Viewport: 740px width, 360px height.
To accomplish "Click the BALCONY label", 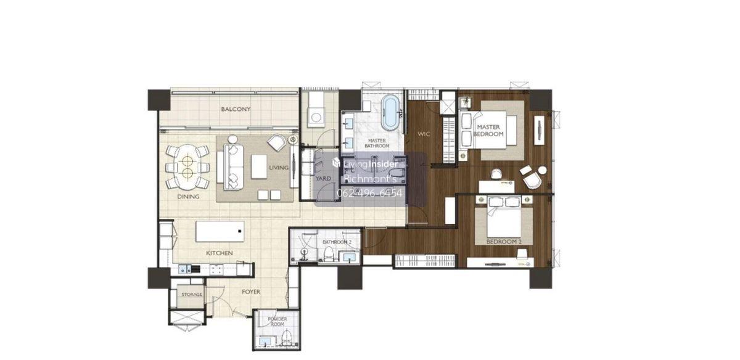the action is click(x=236, y=109).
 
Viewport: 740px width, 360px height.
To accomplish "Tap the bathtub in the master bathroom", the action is click(x=390, y=112).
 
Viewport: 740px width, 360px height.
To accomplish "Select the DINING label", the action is click(x=188, y=197).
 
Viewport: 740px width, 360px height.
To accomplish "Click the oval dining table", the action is click(x=187, y=168).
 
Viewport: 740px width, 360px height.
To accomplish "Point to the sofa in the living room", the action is click(x=233, y=167).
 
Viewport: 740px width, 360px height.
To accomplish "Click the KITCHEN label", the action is click(x=220, y=253).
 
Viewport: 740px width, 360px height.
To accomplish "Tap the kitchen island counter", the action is click(x=220, y=232).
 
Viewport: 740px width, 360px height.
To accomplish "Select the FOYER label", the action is click(x=251, y=292).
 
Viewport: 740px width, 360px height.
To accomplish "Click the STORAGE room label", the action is click(x=192, y=294).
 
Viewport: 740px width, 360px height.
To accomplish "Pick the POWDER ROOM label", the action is click(x=277, y=322).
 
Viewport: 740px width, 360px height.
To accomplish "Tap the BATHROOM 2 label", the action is click(x=337, y=242).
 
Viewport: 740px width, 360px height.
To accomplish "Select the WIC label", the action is click(x=424, y=134).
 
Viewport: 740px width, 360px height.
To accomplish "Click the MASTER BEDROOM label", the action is click(x=488, y=131).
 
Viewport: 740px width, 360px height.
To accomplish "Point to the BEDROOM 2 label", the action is click(x=504, y=242).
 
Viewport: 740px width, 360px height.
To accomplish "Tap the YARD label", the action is click(x=323, y=178).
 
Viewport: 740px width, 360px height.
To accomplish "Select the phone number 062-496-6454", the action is click(x=369, y=193).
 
